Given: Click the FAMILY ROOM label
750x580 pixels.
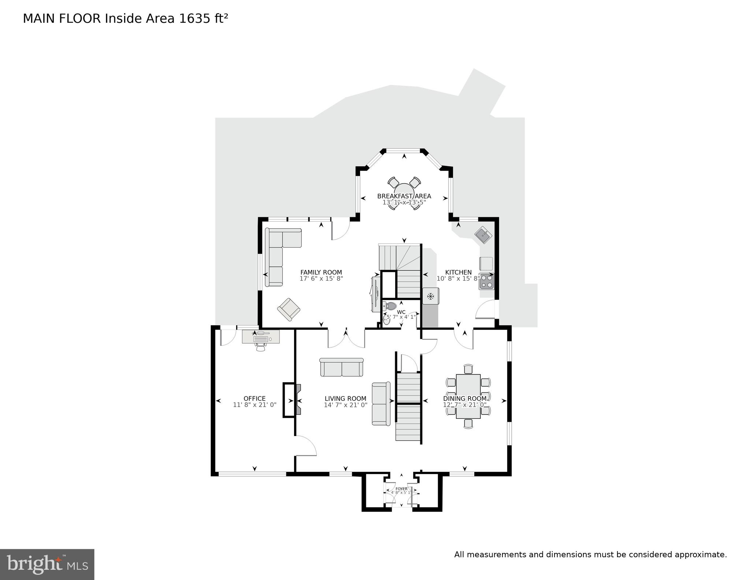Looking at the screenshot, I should click(321, 272).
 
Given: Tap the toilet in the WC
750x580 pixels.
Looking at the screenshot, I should click(390, 306).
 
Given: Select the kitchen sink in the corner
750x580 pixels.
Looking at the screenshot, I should click(483, 235).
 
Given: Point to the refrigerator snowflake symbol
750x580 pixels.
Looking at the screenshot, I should click(431, 296).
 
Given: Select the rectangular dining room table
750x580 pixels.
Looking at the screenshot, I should click(468, 396).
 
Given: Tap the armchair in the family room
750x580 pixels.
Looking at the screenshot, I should click(289, 310).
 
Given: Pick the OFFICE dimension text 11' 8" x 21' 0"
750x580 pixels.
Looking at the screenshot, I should click(255, 405).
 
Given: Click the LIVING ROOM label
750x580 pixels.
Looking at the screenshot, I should click(345, 399).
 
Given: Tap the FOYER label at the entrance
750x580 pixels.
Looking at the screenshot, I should click(401, 489).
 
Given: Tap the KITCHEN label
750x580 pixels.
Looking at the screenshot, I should click(458, 272).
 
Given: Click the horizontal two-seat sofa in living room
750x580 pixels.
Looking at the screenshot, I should click(341, 367).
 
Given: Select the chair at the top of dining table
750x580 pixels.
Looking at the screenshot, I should click(468, 369).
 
